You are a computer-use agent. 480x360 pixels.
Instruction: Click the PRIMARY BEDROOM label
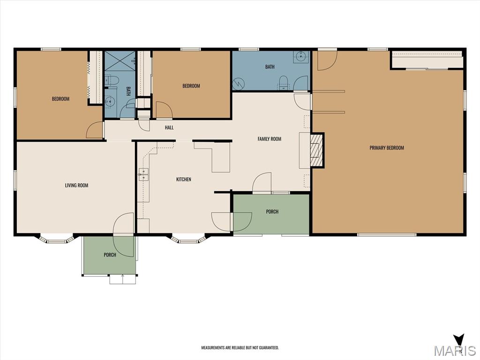tap(387, 148)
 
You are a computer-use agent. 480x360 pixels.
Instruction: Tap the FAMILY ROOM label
tap(270, 139)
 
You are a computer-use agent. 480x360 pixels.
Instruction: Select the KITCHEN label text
tap(184, 180)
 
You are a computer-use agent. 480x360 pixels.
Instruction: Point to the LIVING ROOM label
tap(76, 185)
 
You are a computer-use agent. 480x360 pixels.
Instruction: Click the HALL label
tap(169, 127)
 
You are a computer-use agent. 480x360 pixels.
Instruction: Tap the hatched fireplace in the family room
tap(316, 150)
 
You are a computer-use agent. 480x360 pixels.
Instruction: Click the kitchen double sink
tap(143, 174)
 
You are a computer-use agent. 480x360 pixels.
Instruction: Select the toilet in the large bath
tap(284, 82)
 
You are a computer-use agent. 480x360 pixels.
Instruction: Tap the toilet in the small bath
tap(112, 80)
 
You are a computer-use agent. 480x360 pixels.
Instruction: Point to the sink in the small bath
tap(110, 100)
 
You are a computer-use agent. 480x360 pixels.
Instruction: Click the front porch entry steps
tap(122, 279)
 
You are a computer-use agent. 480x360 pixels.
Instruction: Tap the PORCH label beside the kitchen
tap(272, 211)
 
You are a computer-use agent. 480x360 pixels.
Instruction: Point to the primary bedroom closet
tap(427, 60)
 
